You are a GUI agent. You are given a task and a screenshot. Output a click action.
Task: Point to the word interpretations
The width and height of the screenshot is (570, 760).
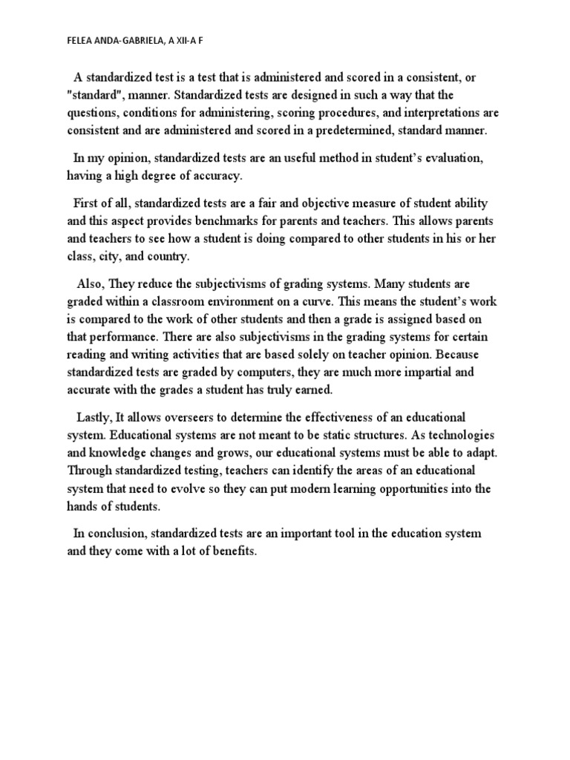439,113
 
